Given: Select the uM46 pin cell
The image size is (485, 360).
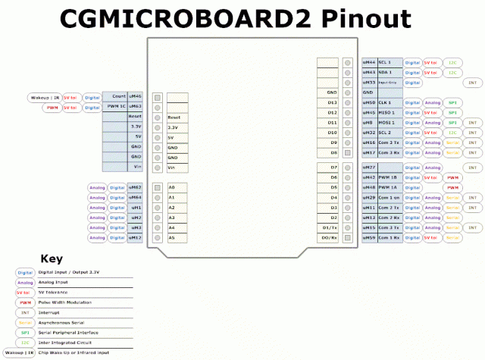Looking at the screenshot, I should pos(135,97).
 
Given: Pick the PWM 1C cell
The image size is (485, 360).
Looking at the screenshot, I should pos(114,107).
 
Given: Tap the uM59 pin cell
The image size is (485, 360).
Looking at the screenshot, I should pos(369,238).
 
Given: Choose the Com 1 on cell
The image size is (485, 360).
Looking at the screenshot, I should pos(389,197).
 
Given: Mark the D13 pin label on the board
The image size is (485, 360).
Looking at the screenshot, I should pos(332,102).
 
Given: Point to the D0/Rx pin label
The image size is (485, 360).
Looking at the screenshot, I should pos(330,238).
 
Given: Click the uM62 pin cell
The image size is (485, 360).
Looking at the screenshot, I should pos(135,186).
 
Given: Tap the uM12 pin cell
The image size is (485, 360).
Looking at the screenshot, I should pos(135,238).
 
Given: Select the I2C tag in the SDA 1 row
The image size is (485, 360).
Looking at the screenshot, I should pos(452,72).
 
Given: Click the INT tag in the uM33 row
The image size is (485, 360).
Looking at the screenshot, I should pos(472,82).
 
